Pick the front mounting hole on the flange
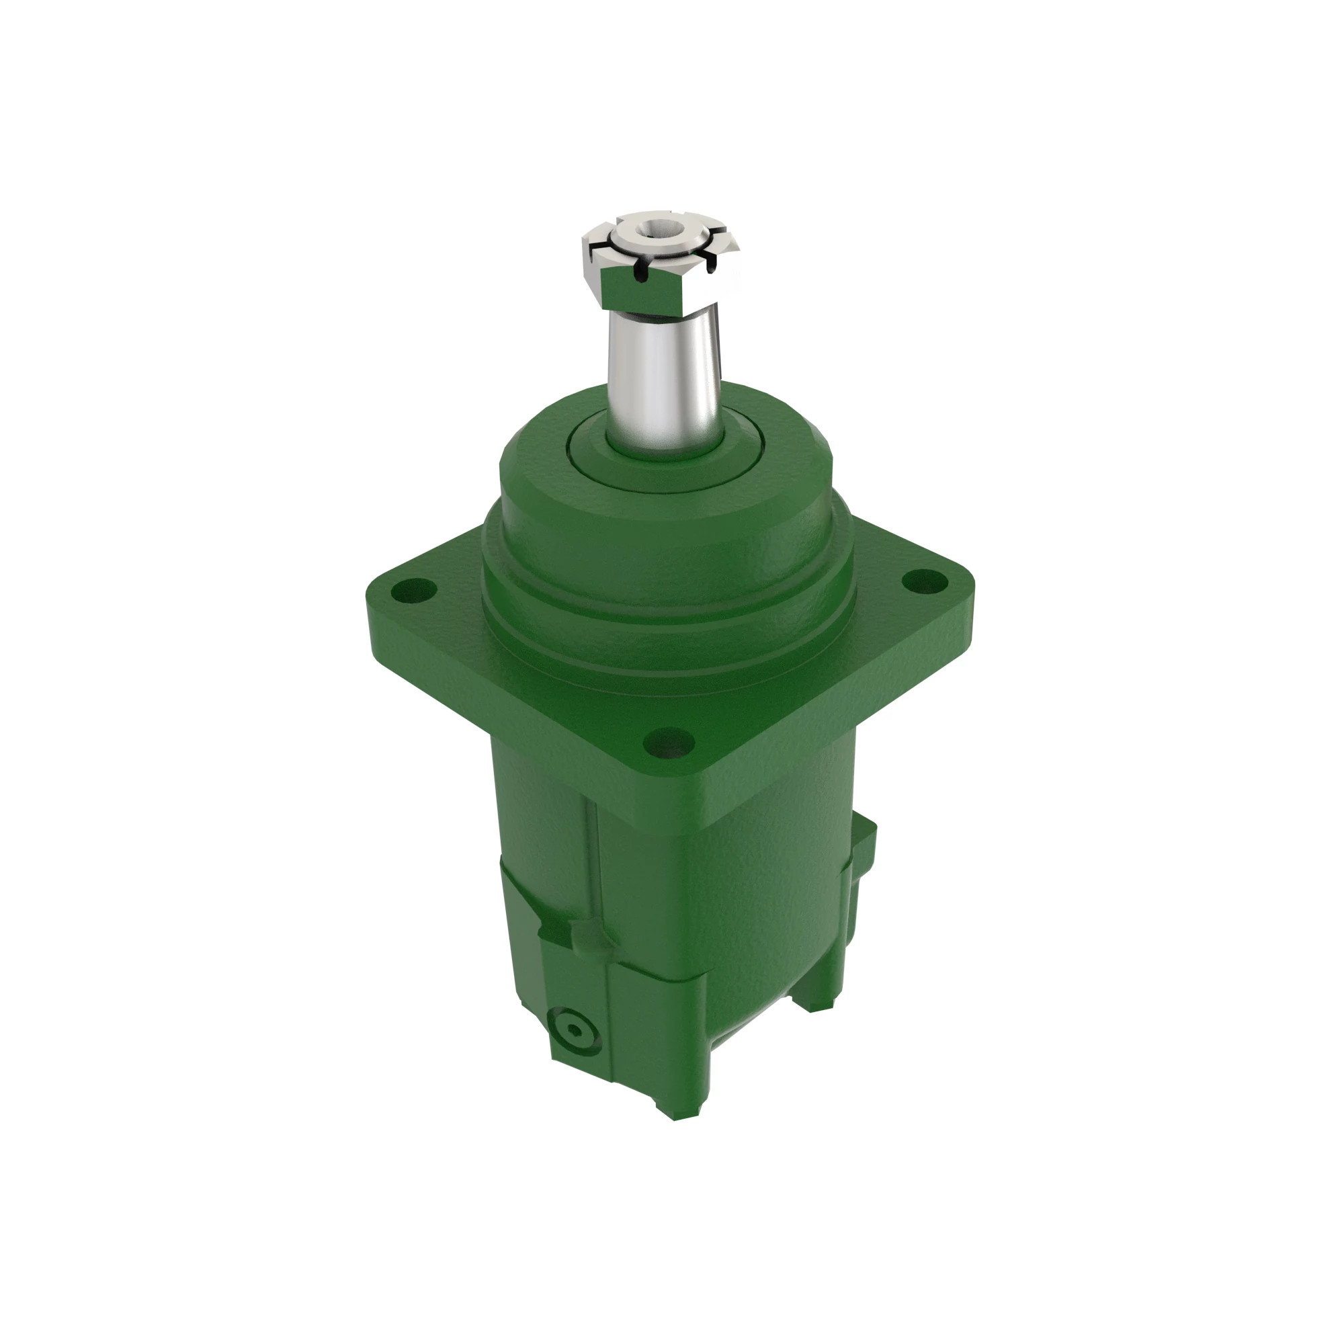pyautogui.click(x=669, y=743)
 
